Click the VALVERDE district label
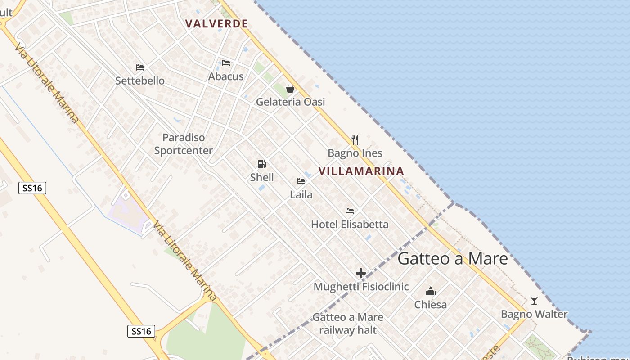(216, 24)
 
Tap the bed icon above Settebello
(140, 67)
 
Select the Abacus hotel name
(226, 76)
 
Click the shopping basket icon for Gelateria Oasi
(290, 89)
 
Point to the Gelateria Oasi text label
(290, 102)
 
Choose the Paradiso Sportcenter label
(184, 144)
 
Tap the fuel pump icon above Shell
(261, 164)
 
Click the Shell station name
(262, 177)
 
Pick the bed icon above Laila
(301, 181)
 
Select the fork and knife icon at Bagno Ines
(355, 139)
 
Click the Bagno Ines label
(355, 153)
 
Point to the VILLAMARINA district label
(361, 171)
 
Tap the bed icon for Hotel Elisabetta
(350, 211)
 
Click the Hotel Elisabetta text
(350, 224)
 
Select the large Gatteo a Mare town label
(453, 258)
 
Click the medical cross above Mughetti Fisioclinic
(361, 273)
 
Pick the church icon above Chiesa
(431, 291)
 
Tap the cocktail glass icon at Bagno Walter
(534, 300)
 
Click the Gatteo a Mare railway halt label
(348, 324)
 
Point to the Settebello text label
(140, 81)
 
